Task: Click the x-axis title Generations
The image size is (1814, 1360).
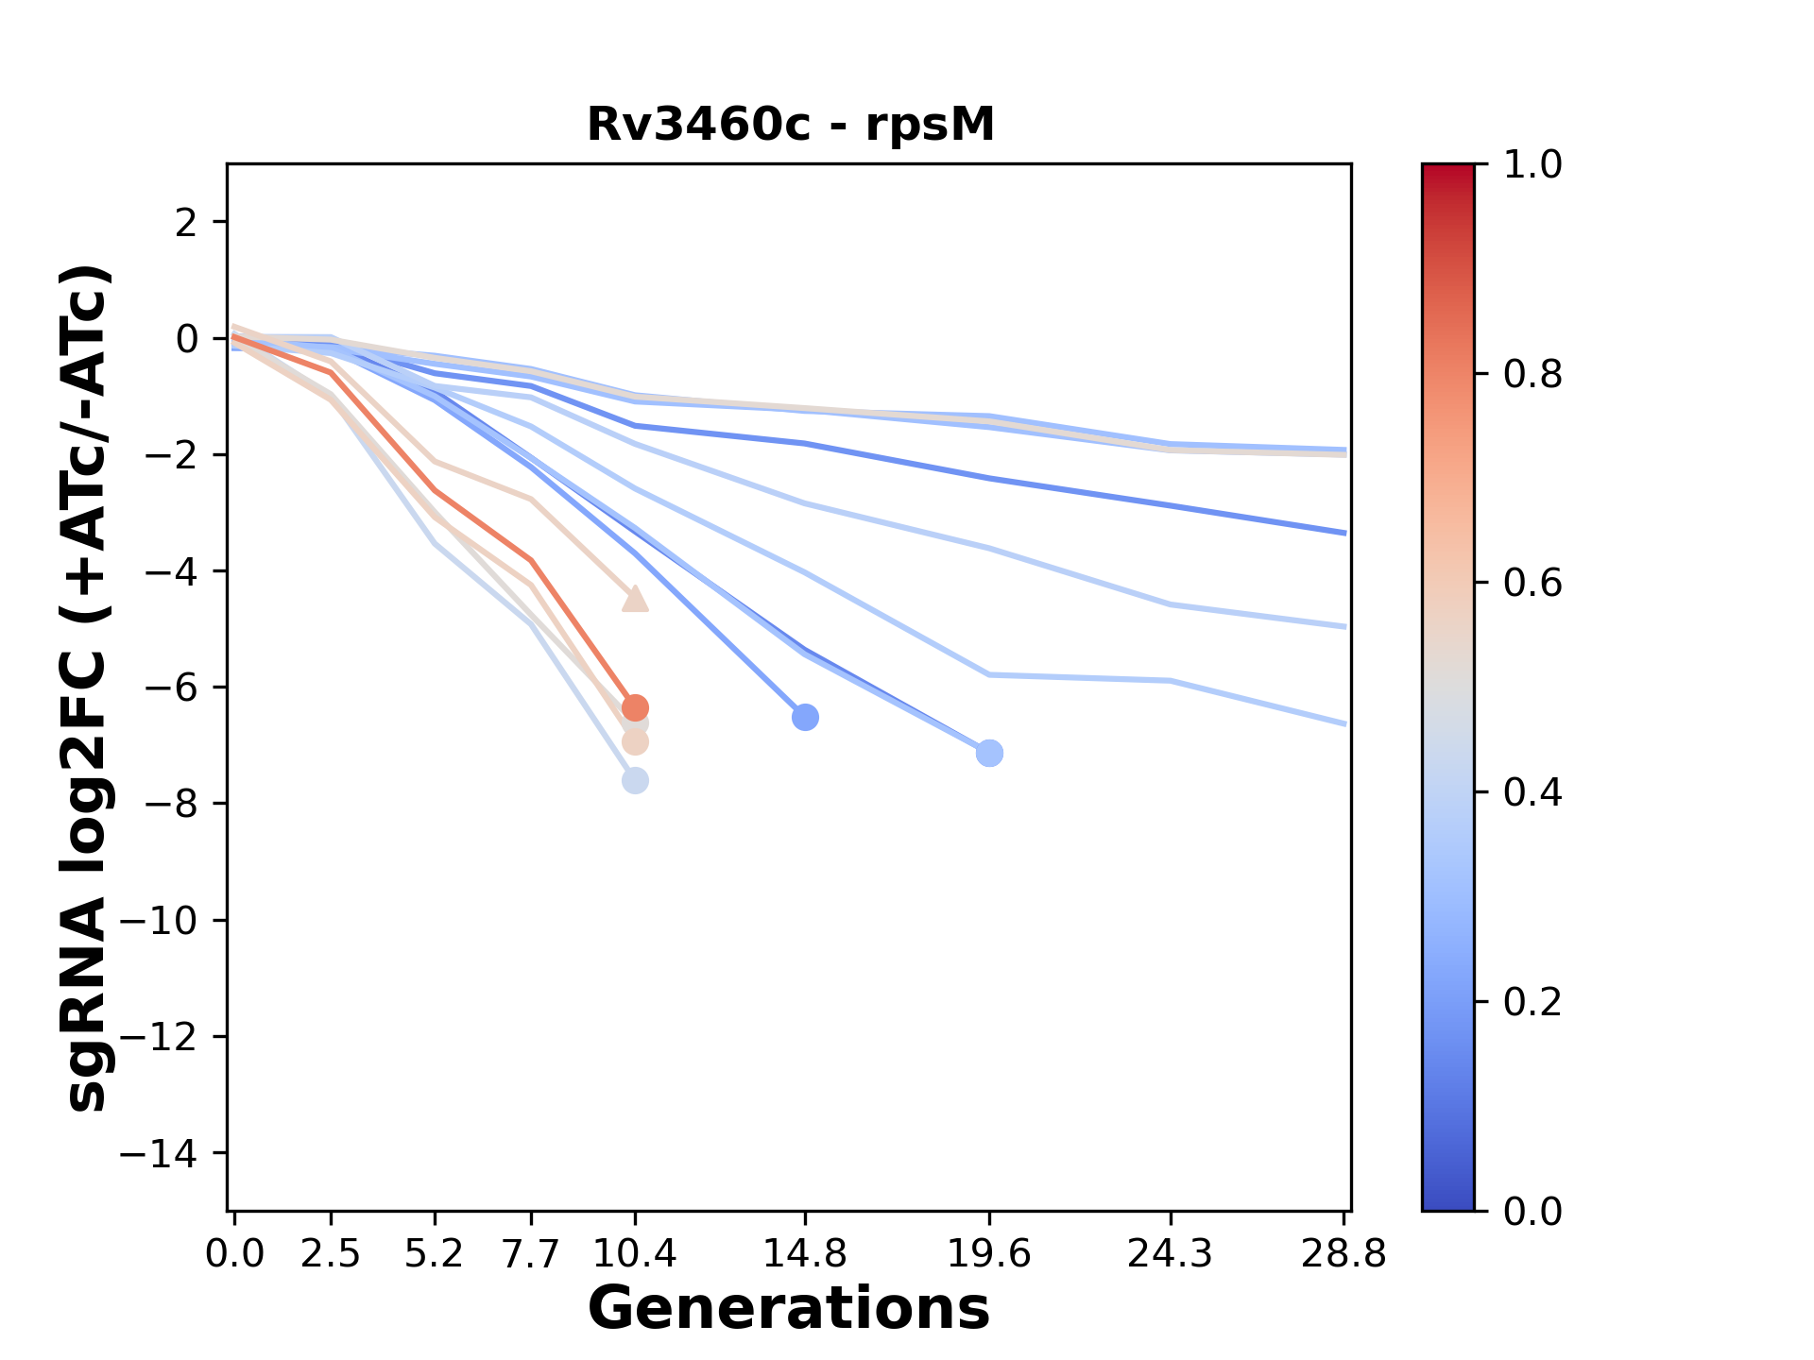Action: (x=789, y=1309)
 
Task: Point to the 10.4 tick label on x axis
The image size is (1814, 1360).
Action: (x=635, y=1254)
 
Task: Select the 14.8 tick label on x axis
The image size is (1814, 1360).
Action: (x=804, y=1254)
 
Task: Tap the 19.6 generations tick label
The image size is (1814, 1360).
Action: (x=989, y=1254)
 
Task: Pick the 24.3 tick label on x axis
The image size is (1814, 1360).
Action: (x=1171, y=1254)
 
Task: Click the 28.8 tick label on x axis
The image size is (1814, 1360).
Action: (x=1343, y=1254)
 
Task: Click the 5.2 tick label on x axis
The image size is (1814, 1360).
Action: (x=434, y=1254)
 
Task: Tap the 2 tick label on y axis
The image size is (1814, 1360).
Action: (x=187, y=223)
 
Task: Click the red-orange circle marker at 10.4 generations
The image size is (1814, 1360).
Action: (x=635, y=707)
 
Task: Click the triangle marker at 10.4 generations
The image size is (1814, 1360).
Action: (x=635, y=599)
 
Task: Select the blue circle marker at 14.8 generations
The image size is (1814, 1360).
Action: (x=805, y=718)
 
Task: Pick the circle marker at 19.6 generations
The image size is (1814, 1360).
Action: (x=989, y=754)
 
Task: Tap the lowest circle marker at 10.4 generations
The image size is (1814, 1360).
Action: (x=635, y=781)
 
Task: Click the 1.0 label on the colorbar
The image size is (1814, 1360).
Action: (x=1532, y=165)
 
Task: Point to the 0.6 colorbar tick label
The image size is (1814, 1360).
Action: (x=1532, y=583)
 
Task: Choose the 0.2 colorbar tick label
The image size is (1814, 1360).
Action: (x=1532, y=1001)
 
